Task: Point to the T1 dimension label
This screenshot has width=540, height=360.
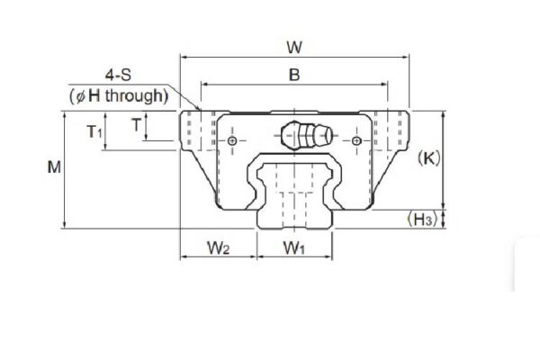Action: [94, 132]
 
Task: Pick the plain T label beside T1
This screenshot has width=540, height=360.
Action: [135, 125]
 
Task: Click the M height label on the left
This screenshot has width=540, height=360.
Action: [54, 168]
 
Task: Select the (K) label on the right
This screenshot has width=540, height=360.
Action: [429, 159]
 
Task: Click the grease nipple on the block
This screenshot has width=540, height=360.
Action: [306, 136]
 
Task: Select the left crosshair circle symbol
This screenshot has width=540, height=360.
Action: [233, 142]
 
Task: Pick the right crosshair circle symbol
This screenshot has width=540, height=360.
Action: [358, 142]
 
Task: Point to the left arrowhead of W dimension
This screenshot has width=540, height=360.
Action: [184, 56]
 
